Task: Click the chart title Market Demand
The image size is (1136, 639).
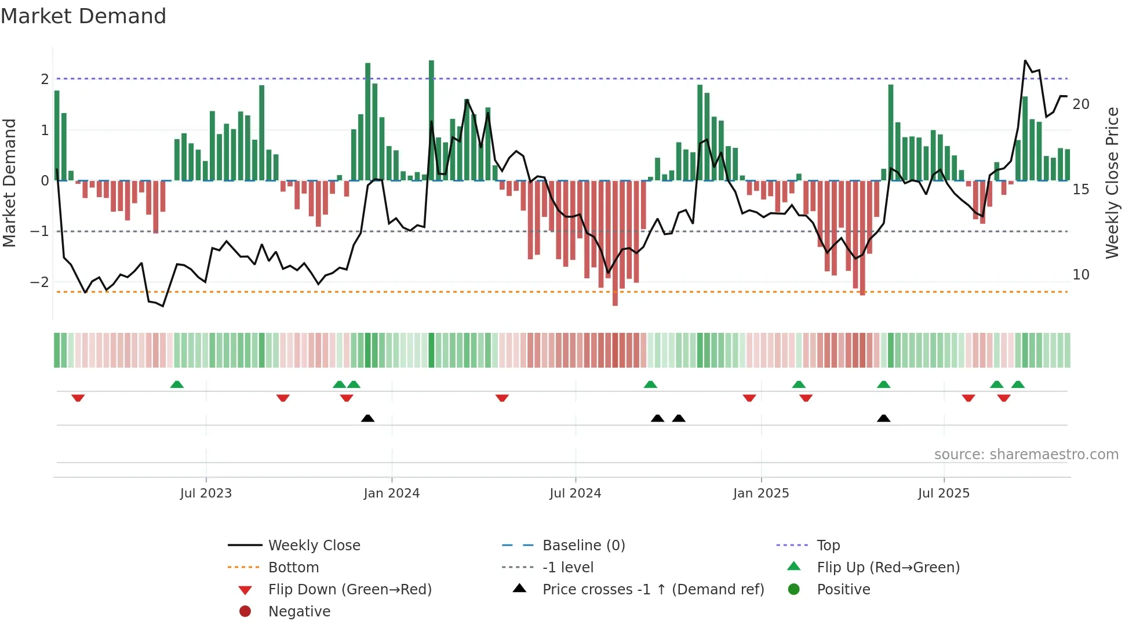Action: coord(83,16)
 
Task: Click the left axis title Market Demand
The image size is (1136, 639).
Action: coord(10,183)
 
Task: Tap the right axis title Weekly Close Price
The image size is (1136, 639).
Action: coord(1112,183)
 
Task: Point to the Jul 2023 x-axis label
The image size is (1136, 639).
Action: coord(206,493)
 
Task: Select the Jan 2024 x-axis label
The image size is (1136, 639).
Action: coord(391,493)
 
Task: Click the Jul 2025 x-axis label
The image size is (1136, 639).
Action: coord(944,493)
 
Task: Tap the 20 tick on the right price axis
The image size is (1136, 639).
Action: coord(1081,104)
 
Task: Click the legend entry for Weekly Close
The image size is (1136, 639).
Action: coord(314,546)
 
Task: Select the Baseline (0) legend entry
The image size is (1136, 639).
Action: coord(583,546)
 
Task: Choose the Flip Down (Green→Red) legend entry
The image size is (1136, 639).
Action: coord(349,590)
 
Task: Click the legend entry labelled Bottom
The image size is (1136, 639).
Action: coord(293,568)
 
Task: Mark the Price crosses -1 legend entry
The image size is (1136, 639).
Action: coord(653,590)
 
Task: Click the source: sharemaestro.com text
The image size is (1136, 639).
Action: coord(1026,455)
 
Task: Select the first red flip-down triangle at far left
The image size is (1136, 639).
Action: coord(78,398)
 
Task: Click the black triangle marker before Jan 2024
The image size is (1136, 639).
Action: coord(367,418)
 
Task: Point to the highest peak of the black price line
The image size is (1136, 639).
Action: coord(1025,61)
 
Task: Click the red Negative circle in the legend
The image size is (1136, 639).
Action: coord(245,612)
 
